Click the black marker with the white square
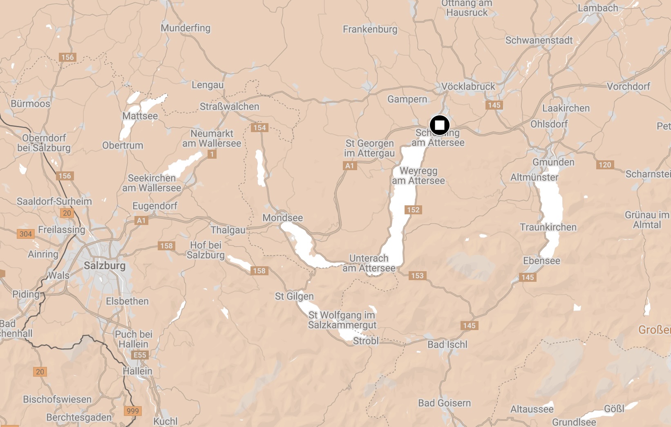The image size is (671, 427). tap(439, 125)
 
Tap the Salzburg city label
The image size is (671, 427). tap(105, 265)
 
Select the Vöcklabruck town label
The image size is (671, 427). tap(468, 87)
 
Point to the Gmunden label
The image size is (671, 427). tap(553, 162)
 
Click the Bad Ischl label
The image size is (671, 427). tap(447, 344)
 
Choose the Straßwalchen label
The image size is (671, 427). tap(229, 107)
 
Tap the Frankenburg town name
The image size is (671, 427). tap(370, 29)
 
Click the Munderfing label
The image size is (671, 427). tap(186, 28)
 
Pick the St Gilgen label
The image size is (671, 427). tap(294, 296)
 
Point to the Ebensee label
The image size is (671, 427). tap(541, 261)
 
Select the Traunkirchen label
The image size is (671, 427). tap(548, 227)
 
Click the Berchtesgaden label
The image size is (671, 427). tap(79, 417)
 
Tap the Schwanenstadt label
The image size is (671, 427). tap(539, 40)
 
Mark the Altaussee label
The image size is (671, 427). tap(532, 409)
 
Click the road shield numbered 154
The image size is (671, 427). tap(259, 128)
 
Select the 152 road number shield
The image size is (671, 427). tap(413, 210)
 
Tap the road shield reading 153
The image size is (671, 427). tap(417, 276)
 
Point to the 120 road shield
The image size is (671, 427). tap(605, 165)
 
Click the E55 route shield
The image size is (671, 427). tap(140, 355)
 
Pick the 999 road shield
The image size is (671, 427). tap(132, 411)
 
